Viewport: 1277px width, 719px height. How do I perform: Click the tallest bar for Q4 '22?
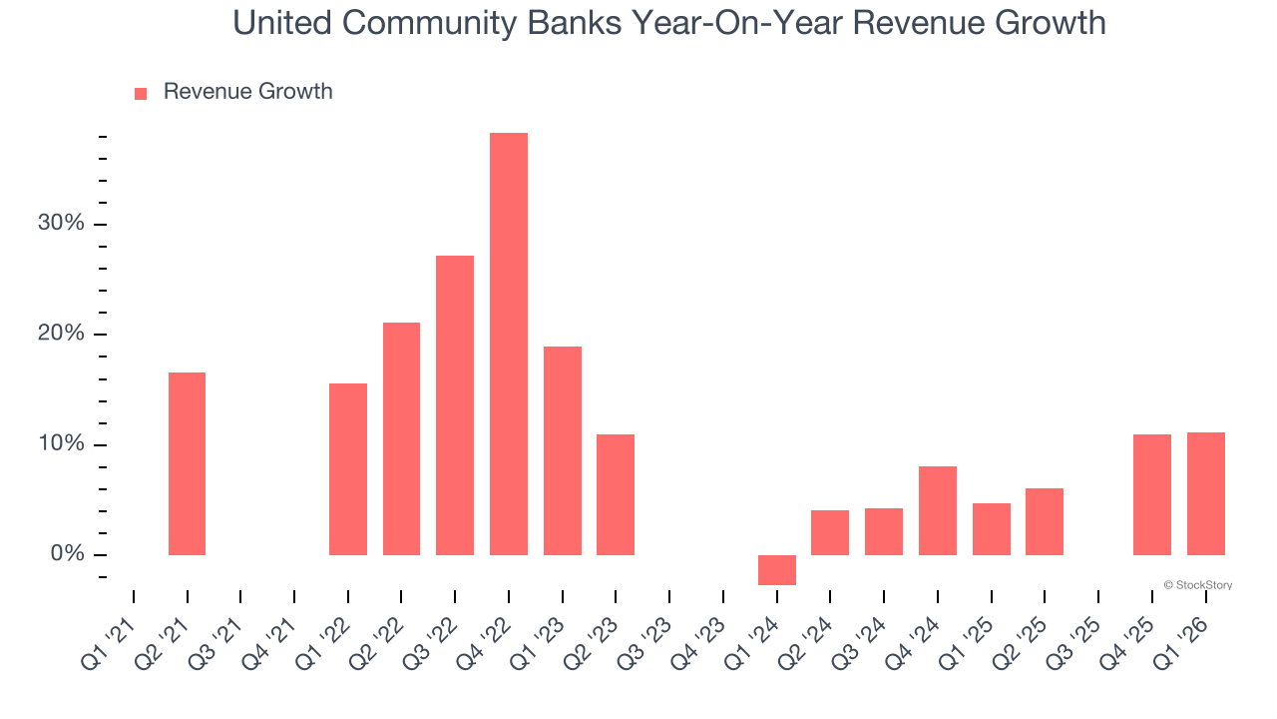509,344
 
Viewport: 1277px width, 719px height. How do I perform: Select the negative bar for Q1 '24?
777,569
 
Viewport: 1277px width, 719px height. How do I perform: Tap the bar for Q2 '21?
187,463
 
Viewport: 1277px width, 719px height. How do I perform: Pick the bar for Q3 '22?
455,404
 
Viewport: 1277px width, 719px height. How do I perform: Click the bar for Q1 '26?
1205,493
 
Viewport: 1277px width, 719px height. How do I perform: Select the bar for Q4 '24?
938,510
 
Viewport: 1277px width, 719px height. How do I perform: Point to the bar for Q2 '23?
616,494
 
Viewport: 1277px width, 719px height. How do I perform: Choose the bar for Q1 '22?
348,468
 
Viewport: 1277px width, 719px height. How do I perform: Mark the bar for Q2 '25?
1045,521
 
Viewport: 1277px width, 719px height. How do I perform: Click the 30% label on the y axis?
61,223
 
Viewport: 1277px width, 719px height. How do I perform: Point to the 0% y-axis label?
67,554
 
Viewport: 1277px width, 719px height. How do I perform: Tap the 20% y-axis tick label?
61,334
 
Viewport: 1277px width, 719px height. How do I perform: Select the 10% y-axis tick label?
61,443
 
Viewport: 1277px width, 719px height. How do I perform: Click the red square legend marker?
141,93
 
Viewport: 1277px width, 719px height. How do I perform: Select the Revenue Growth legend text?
247,92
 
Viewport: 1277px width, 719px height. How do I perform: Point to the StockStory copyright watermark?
1197,585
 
